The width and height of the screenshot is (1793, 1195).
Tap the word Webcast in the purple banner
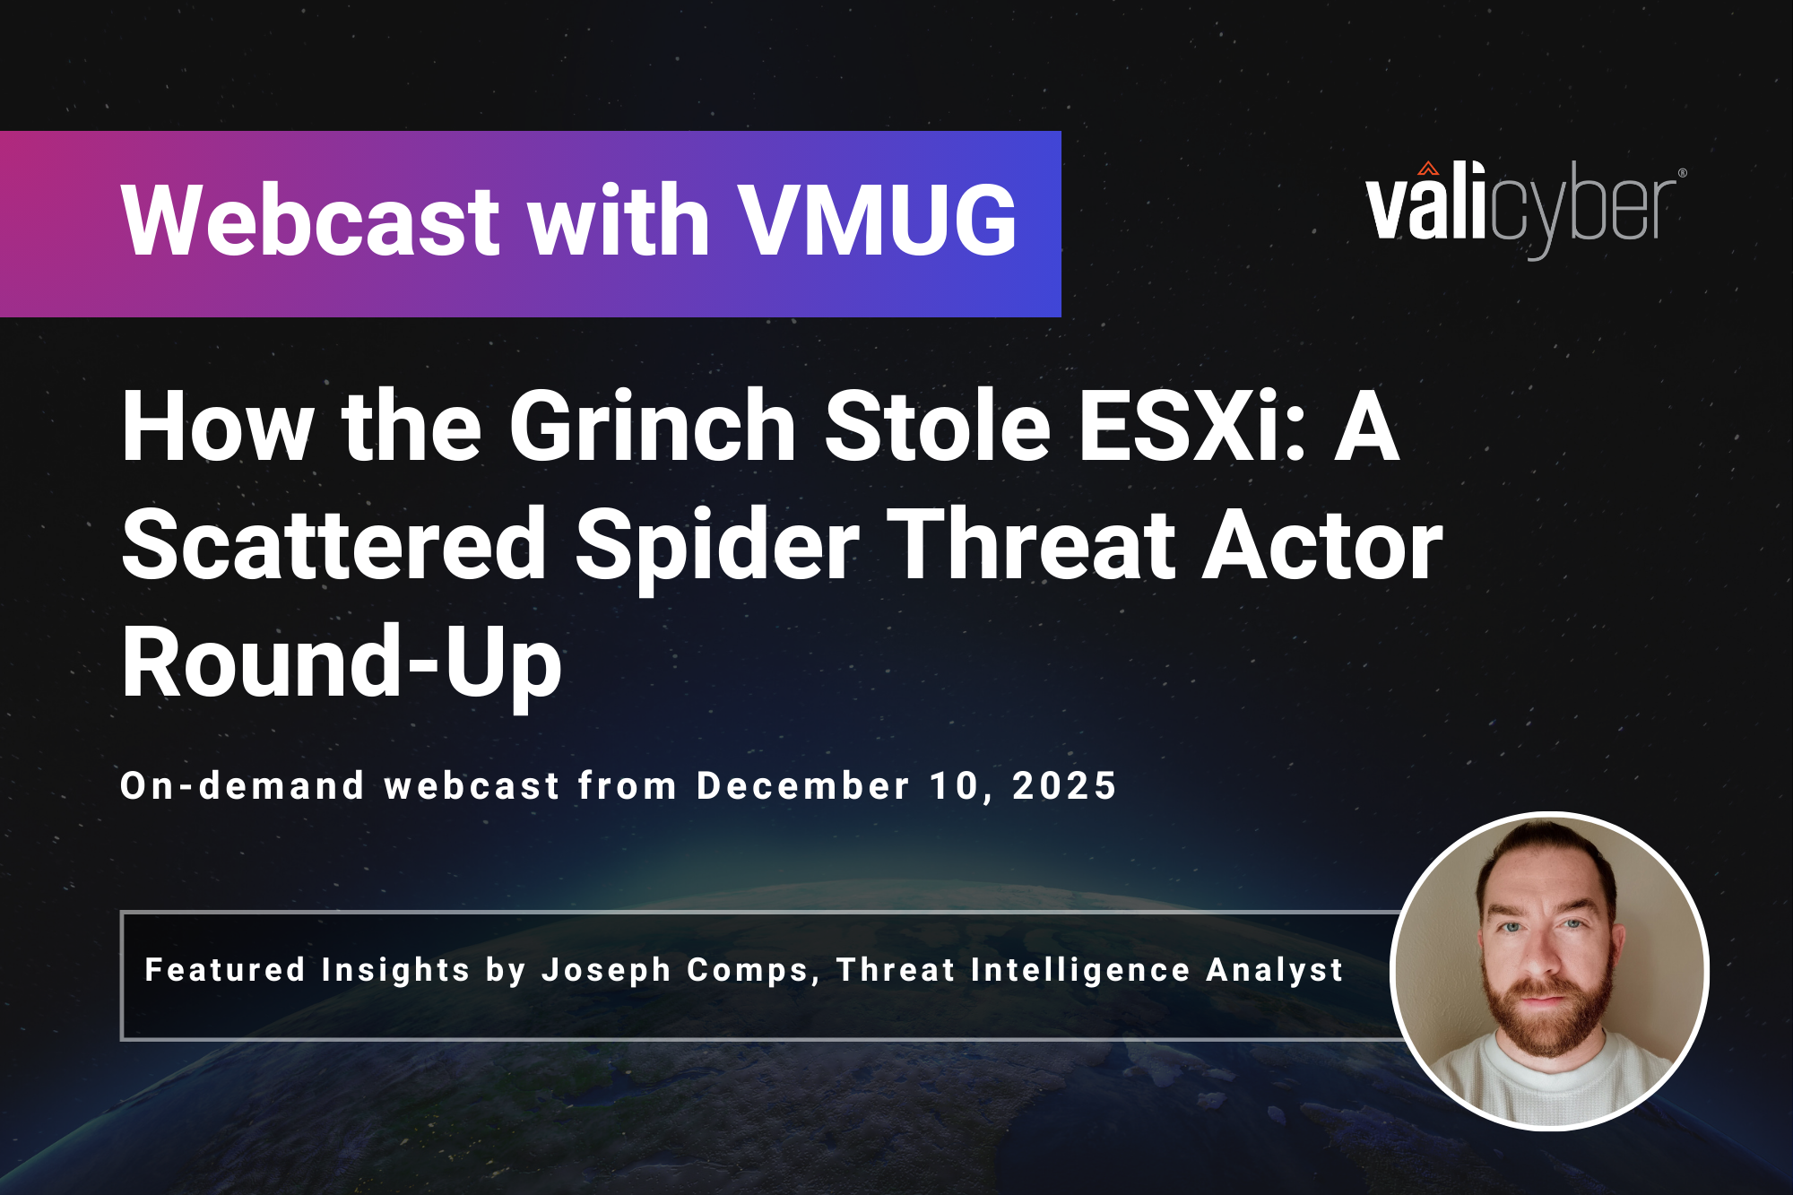coord(310,220)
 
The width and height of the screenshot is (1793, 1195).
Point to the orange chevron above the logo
coord(1428,169)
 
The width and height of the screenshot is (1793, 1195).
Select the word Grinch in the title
coord(653,426)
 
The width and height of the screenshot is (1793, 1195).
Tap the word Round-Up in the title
coord(342,662)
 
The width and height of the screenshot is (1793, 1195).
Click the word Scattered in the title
coord(334,544)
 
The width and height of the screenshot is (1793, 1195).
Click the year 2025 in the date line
coord(1064,786)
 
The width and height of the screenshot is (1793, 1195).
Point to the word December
coord(803,786)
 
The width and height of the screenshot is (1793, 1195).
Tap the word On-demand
coord(242,786)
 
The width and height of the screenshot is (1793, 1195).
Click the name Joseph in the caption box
coord(606,970)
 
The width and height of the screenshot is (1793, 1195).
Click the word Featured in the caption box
coord(225,969)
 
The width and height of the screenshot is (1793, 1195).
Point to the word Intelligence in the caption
coord(1080,970)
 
